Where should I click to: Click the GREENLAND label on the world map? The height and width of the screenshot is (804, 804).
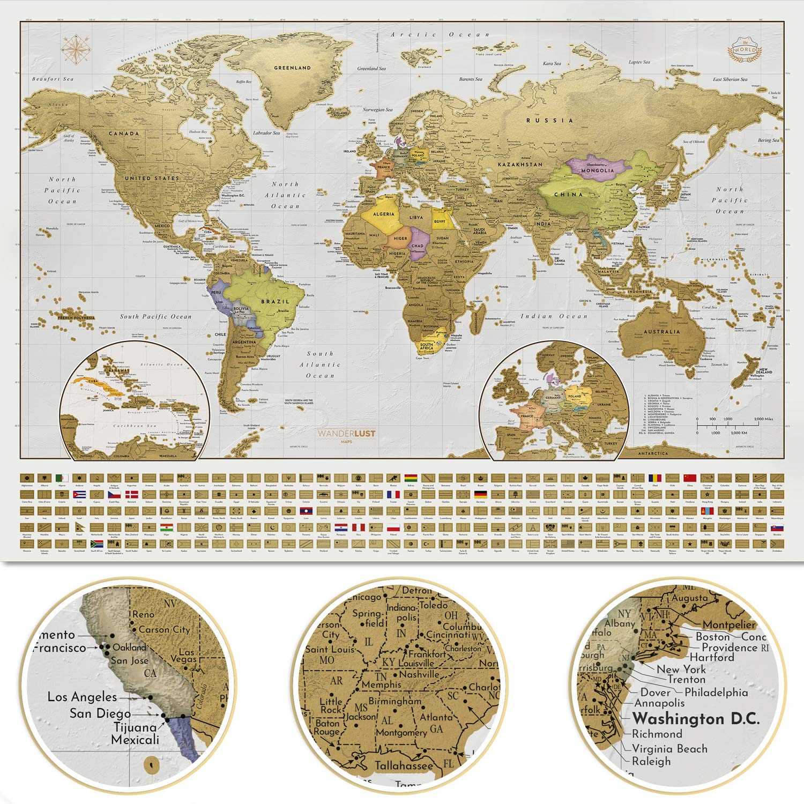tap(292, 68)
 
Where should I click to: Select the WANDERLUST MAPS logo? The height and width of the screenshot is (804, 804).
tap(346, 435)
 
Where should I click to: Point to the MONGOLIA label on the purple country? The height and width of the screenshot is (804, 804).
tap(597, 170)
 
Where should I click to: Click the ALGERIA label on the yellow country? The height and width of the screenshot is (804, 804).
tap(383, 214)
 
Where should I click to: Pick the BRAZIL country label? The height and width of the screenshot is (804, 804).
tap(275, 302)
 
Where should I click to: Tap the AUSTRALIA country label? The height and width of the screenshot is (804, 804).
tap(661, 332)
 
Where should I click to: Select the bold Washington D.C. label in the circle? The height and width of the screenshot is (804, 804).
tap(696, 719)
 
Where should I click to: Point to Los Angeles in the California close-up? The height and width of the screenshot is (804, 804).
tap(82, 697)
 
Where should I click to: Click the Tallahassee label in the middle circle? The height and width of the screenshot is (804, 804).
tap(403, 765)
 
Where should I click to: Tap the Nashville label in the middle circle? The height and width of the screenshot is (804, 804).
tap(419, 674)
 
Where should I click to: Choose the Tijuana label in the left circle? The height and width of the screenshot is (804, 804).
tap(135, 727)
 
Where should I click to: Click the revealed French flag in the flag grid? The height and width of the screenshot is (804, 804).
tap(393, 494)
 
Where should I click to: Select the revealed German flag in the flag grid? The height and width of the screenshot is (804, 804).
tap(480, 494)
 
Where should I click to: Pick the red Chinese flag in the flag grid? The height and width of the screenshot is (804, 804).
tap(690, 478)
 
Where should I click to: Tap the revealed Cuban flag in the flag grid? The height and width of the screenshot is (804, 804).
tap(79, 494)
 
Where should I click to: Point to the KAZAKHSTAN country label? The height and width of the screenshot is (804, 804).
tap(520, 165)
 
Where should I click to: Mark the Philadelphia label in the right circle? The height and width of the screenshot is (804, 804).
tap(716, 693)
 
